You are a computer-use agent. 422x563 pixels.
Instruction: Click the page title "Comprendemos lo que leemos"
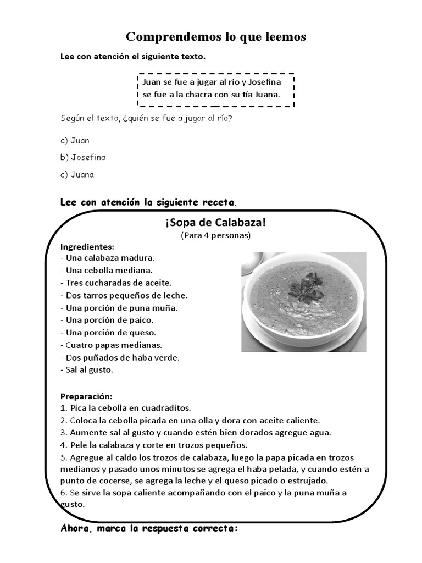coord(215,37)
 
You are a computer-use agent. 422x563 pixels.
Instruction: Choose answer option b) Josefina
coord(82,158)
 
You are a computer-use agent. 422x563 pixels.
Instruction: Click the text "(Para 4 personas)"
coord(215,235)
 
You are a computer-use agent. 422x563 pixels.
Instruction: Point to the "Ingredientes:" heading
coord(87,246)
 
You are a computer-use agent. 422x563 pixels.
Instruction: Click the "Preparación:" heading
coord(86,396)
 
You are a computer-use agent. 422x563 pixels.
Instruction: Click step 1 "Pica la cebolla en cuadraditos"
coord(125,408)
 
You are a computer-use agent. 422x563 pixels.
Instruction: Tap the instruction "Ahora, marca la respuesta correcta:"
coord(149,529)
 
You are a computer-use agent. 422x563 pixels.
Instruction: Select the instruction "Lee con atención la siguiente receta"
coord(147,202)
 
